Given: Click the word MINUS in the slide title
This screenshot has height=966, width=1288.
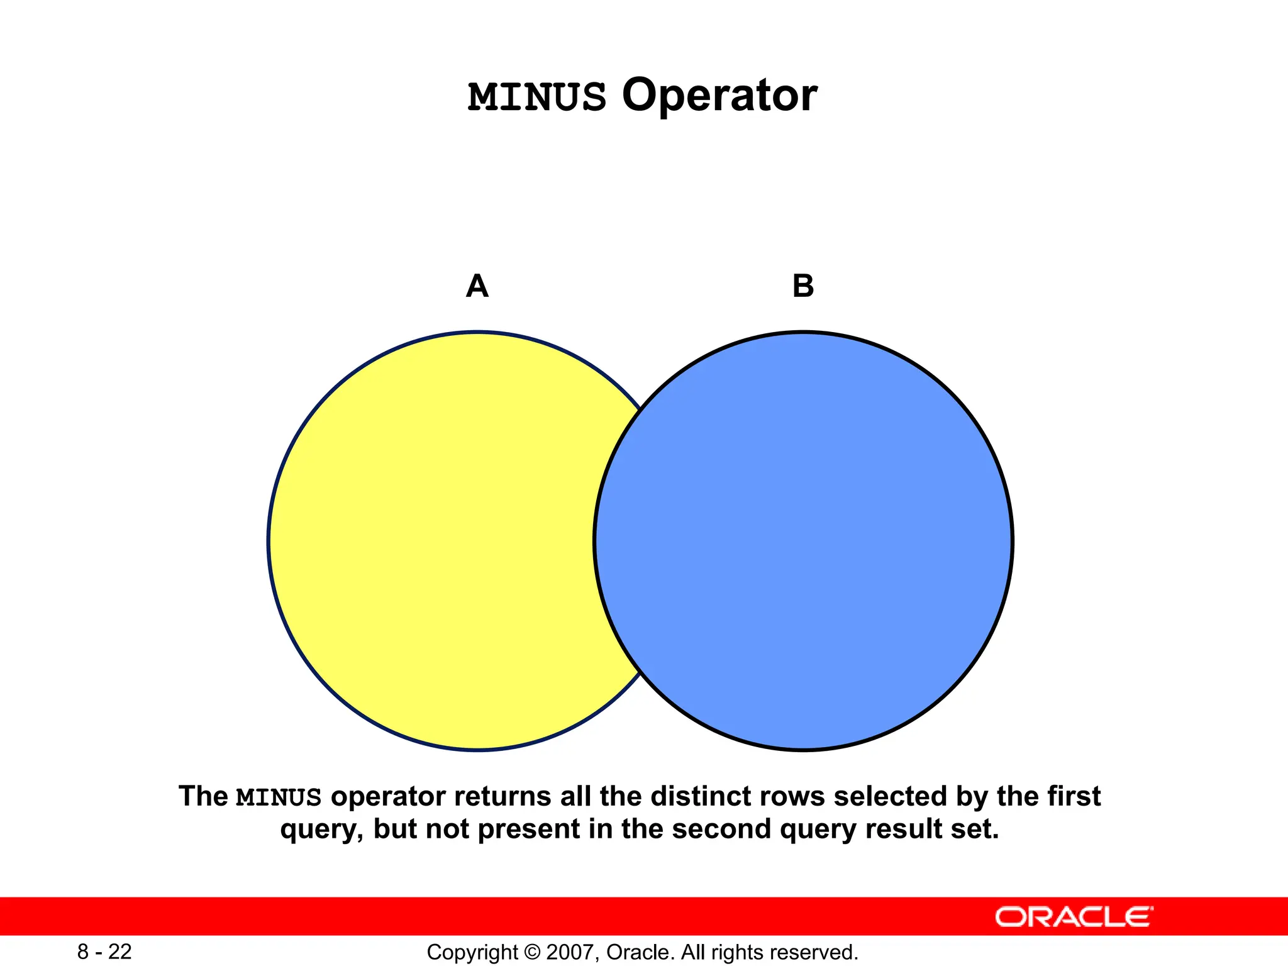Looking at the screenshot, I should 537,97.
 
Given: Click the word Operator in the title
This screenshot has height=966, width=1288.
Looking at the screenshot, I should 719,96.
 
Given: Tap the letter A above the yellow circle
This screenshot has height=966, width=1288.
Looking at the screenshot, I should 477,286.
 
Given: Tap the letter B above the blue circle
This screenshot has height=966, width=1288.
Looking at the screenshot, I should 803,286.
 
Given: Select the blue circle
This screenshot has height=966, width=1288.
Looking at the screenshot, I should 803,541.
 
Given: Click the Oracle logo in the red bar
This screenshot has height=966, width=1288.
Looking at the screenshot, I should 1074,917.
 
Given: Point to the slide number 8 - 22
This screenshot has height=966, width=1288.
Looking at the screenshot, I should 104,952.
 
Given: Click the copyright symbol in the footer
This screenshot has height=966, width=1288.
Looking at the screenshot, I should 532,952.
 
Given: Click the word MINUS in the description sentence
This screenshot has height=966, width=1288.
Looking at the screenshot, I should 279,797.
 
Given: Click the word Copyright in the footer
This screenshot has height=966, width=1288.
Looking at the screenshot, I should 472,952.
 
